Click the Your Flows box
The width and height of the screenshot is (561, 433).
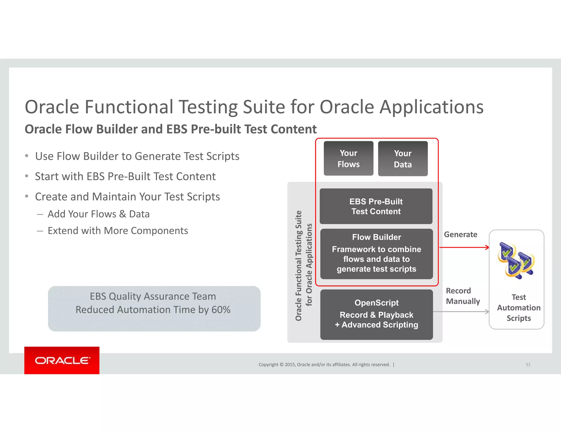348,158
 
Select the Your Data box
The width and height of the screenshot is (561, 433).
403,159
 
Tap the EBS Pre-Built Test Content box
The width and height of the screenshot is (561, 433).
376,206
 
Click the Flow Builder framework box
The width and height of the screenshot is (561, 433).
376,254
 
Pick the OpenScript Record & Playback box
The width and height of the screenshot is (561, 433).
376,314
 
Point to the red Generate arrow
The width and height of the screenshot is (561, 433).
464,247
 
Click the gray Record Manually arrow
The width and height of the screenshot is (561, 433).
461,312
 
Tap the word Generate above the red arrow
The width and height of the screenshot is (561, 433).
460,235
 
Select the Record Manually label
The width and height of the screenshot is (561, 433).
463,296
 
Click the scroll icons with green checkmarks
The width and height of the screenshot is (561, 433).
516,260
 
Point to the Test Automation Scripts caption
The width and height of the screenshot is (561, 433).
519,308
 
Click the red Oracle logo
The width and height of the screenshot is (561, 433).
62,360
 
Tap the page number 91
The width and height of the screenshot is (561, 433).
528,365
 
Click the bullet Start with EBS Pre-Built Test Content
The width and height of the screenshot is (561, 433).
125,177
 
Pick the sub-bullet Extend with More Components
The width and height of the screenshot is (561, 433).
118,231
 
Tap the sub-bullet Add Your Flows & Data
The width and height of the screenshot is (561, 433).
99,214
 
